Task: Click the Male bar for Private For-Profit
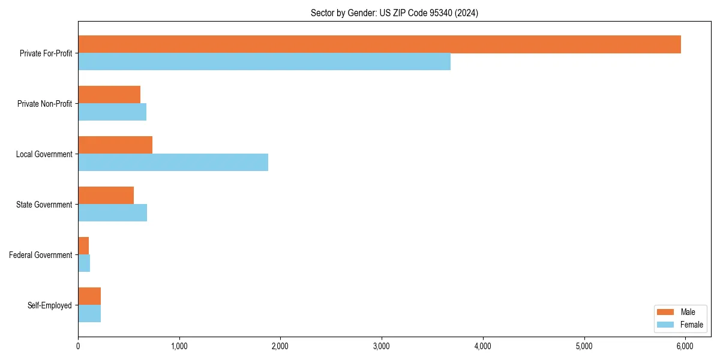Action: pos(379,44)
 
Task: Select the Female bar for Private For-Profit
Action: pos(264,62)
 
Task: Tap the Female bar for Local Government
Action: pos(173,162)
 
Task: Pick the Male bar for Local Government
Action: pos(115,145)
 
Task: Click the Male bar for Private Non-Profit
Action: pos(109,95)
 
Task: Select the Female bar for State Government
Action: pos(112,212)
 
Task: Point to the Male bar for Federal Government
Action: pos(83,245)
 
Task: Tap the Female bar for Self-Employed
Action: pos(89,313)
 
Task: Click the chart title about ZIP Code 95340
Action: pos(394,13)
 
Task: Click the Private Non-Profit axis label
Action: pos(44,104)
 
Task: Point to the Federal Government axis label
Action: pos(41,255)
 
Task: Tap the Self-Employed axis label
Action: pos(50,305)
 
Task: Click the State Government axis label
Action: pos(44,205)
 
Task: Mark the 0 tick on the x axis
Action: pos(78,346)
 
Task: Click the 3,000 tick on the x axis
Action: pos(382,346)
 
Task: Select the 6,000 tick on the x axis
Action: pos(685,346)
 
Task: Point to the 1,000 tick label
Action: pos(179,346)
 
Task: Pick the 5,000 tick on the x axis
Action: pos(584,346)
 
